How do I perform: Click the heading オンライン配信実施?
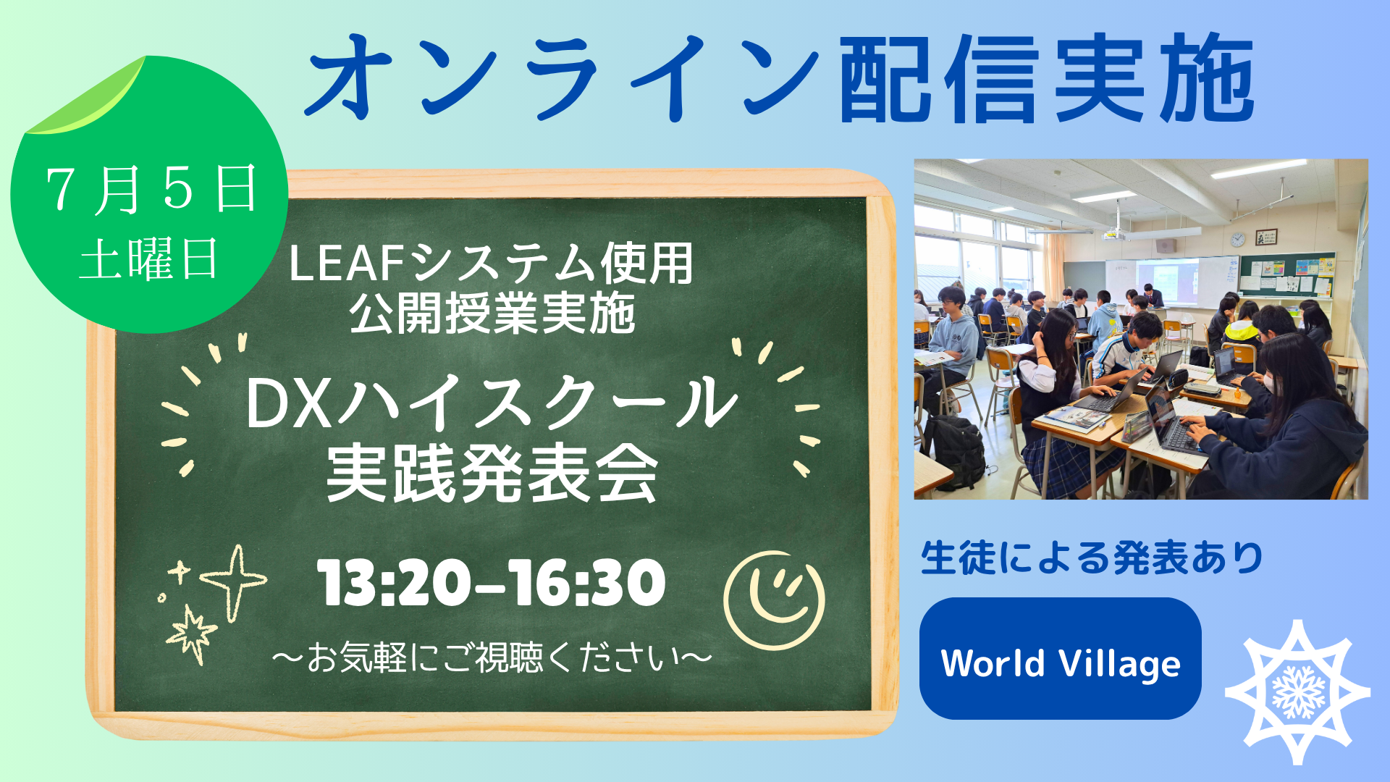coord(780,77)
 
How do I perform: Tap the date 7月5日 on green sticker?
coord(151,190)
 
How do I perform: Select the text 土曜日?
coord(149,260)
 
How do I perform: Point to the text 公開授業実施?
coord(492,314)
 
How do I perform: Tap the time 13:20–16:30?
coord(492,582)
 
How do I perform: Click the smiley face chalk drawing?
coord(774,600)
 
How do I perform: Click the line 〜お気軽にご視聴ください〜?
coord(492,657)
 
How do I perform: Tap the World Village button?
coord(1060,658)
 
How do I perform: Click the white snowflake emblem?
coord(1297,691)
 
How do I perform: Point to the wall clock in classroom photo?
coord(1238,239)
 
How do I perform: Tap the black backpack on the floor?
coord(955,451)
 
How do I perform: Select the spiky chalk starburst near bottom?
coord(192,634)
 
